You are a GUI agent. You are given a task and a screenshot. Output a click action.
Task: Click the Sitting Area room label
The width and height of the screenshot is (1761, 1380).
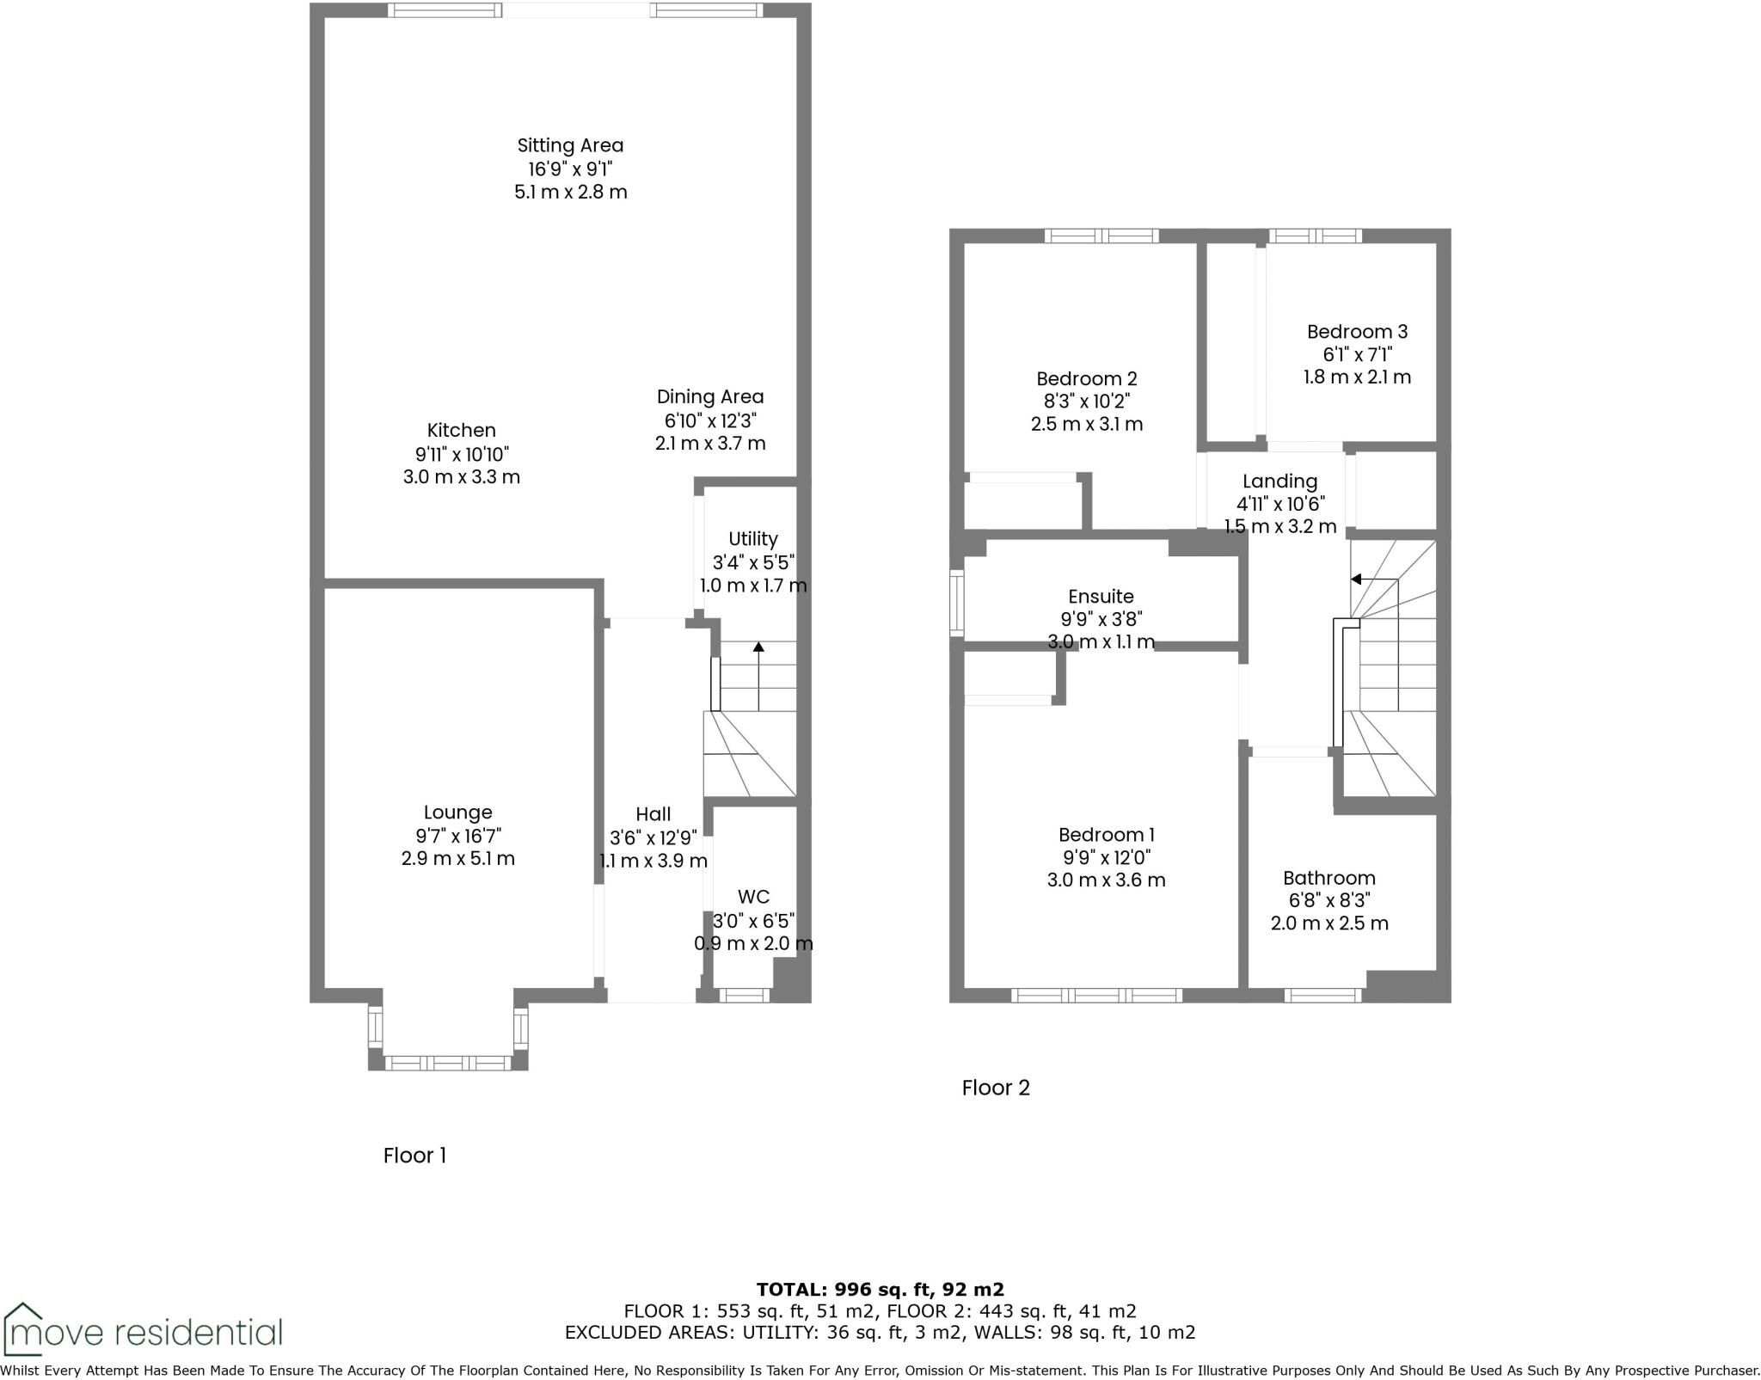tap(570, 145)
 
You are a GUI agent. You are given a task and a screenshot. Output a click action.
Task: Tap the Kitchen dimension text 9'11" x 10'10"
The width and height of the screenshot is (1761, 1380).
tap(461, 453)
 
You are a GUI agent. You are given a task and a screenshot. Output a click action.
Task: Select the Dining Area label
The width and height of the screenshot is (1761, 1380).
tap(709, 396)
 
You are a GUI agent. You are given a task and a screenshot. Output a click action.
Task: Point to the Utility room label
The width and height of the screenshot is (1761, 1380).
tap(752, 539)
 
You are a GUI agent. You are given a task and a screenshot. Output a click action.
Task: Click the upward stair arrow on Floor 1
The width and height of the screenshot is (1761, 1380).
tap(758, 647)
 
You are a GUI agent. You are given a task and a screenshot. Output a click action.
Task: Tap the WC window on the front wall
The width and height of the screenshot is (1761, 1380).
tap(744, 996)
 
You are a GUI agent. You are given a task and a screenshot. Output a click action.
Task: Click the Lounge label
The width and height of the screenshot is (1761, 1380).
tap(457, 813)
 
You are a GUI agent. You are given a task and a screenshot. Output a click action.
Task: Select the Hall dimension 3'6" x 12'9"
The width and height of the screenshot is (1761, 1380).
tap(653, 837)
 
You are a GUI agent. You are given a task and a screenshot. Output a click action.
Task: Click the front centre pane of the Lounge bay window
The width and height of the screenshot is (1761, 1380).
tap(447, 1064)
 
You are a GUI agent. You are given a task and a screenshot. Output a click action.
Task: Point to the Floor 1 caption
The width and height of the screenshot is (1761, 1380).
tap(414, 1156)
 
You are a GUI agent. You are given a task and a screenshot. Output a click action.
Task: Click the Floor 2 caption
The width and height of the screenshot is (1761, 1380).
tap(995, 1088)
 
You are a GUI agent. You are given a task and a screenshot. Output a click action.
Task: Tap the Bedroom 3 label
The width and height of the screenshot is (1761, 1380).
tap(1357, 331)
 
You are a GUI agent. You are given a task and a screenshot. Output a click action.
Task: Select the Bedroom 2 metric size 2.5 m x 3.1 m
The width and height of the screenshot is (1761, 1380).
tap(1086, 424)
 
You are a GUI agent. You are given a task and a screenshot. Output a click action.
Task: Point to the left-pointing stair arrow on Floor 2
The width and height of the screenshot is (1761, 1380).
tap(1356, 580)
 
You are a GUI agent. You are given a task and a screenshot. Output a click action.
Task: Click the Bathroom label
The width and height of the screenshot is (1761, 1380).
tap(1328, 878)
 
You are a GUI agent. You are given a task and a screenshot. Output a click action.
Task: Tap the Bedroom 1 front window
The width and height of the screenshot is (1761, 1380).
tap(1096, 996)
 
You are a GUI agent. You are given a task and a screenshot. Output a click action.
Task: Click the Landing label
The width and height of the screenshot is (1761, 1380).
tap(1279, 481)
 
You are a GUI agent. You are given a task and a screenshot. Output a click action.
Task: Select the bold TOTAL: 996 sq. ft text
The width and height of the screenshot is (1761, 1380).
tap(880, 1290)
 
